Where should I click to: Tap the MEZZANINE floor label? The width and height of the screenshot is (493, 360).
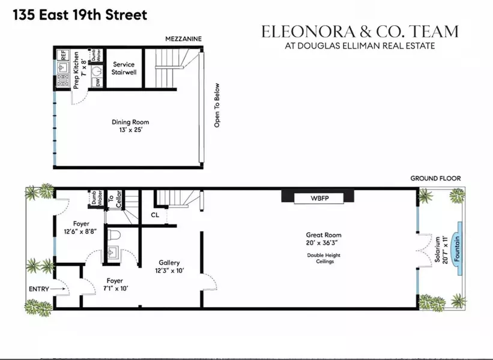(184, 39)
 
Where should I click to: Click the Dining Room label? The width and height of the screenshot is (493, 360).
(130, 126)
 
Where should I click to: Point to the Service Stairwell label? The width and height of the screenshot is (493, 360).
(123, 68)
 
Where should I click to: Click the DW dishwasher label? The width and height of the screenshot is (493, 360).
(98, 82)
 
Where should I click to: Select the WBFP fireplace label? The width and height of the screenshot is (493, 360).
(317, 197)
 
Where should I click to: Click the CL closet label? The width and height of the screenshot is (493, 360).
(155, 215)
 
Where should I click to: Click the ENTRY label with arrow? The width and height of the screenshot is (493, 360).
(48, 290)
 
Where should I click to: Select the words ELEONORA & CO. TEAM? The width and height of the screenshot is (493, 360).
(359, 32)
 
